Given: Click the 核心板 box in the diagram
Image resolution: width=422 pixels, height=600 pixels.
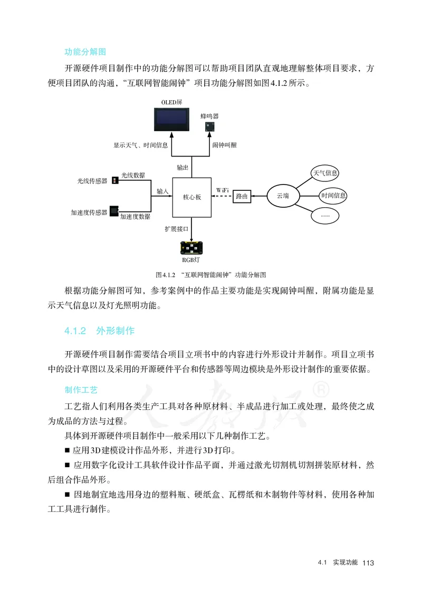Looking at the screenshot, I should coord(191,197).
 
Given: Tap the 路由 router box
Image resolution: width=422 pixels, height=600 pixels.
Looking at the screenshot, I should coord(242,196).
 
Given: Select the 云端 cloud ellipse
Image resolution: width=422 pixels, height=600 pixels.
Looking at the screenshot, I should coord(283,196).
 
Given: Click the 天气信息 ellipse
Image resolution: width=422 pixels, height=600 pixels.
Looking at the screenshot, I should coord(325,173).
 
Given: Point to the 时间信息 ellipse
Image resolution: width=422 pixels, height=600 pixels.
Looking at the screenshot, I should coord(333,196).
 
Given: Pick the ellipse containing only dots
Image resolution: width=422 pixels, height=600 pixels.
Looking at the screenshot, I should coord(325,215).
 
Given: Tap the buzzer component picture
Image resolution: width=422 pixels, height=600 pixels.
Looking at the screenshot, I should coord(209,127).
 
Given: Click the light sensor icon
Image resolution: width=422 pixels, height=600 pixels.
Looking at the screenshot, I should coord(115,181).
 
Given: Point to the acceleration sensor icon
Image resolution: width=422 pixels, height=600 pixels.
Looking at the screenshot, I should coord(114,211).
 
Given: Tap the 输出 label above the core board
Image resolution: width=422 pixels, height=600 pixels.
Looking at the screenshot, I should coord(182,167).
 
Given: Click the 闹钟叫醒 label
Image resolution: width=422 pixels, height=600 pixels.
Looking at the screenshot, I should coord(224,145).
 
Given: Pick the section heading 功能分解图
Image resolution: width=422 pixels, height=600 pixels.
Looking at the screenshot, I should coord(85,52).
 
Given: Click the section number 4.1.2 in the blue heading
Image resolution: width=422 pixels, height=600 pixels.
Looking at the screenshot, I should coord(75,331).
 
